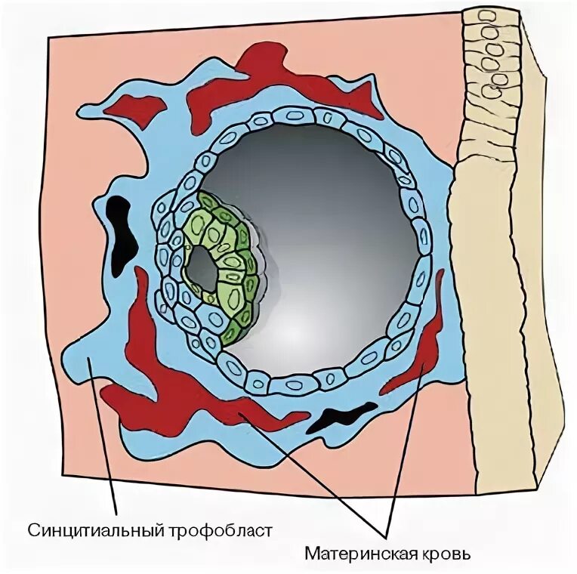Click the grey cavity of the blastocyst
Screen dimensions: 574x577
[325, 242]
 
